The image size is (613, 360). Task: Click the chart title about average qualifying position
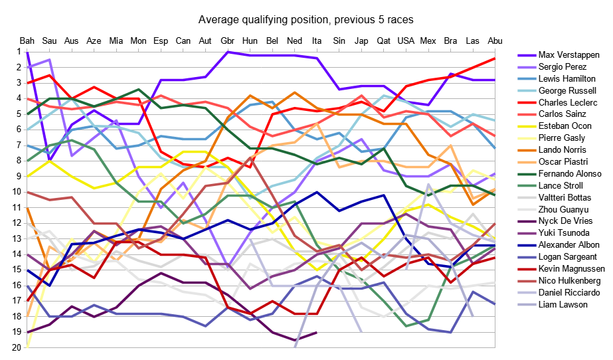point(307,19)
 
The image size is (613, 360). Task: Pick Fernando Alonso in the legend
point(570,173)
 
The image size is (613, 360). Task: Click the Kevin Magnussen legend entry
point(572,268)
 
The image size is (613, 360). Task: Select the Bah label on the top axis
point(27,41)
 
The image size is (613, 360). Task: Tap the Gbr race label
point(228,41)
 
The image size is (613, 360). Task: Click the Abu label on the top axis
point(495,41)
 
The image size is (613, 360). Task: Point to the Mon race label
point(139,41)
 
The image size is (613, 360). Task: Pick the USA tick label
point(406,41)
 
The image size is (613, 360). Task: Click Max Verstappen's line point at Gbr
point(228,52)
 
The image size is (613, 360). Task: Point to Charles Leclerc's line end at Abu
point(495,58)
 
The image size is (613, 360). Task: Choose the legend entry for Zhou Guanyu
point(564,209)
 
